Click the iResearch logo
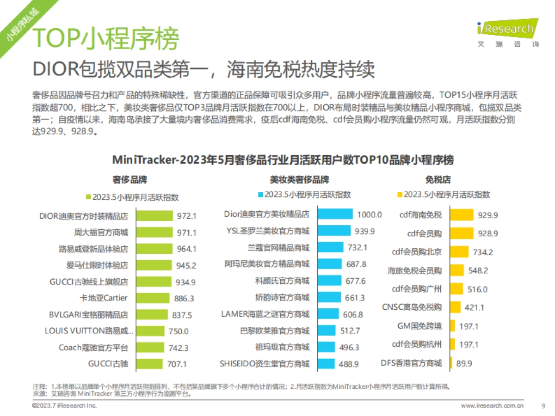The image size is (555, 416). pos(507,32)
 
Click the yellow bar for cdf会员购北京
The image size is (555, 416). pos(459,252)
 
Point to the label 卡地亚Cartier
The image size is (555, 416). pos(104,298)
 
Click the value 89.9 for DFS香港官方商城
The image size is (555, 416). pos(464,363)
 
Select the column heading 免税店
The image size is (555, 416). pos(438,180)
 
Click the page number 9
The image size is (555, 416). pos(543,406)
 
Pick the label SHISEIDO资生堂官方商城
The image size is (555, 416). pos(265,363)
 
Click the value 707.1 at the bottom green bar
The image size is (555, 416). pos(177,364)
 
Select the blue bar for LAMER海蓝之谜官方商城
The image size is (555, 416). pos(329,314)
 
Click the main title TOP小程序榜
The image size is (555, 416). pos(107,38)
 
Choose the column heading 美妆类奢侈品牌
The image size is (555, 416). pos(299,180)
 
